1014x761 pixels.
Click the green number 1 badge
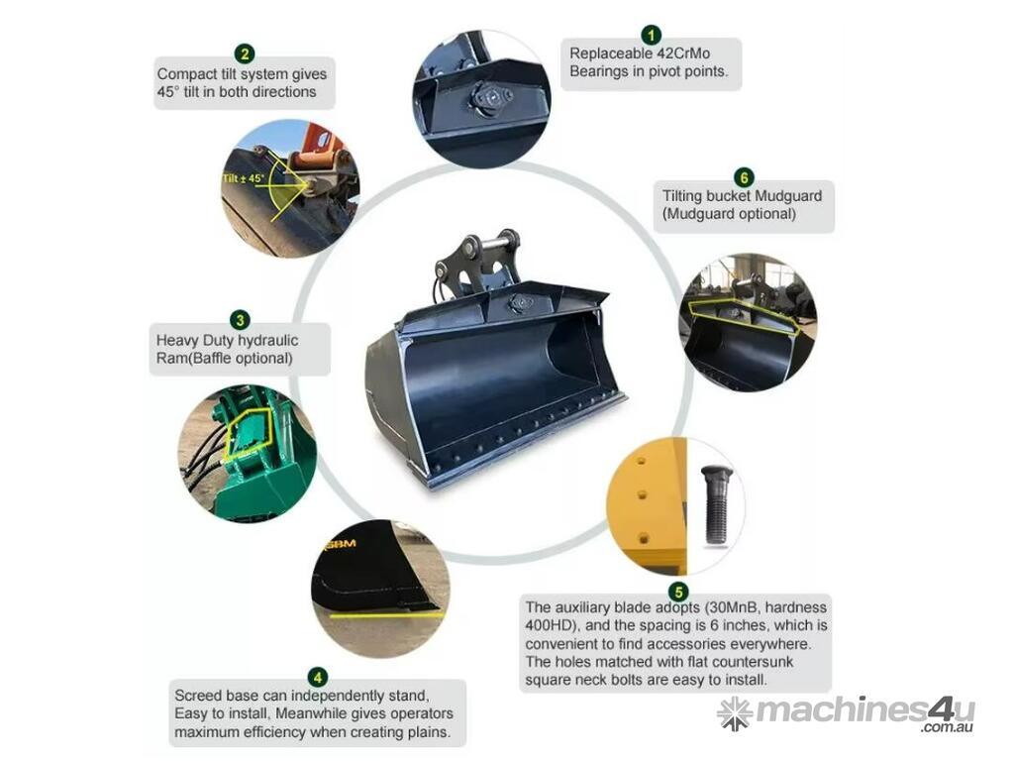651,35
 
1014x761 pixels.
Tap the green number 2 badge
244,54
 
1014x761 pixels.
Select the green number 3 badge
240,320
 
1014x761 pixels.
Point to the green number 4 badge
318,678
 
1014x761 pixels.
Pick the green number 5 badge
678,592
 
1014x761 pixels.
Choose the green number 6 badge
744,178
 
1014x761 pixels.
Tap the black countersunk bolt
716,505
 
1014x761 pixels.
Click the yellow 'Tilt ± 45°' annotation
244,178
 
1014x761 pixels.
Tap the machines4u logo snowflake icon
735,712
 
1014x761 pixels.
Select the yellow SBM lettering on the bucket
342,544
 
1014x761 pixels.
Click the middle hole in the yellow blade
643,495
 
